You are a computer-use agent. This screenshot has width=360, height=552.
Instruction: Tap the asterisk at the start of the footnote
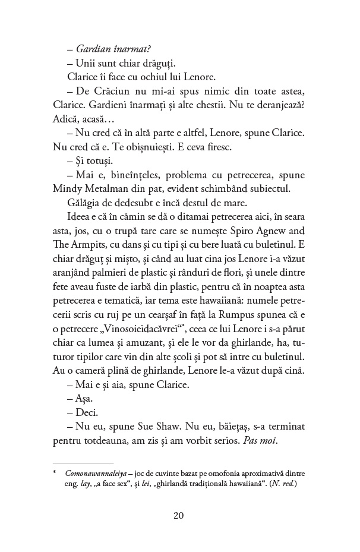[x=55, y=473]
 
